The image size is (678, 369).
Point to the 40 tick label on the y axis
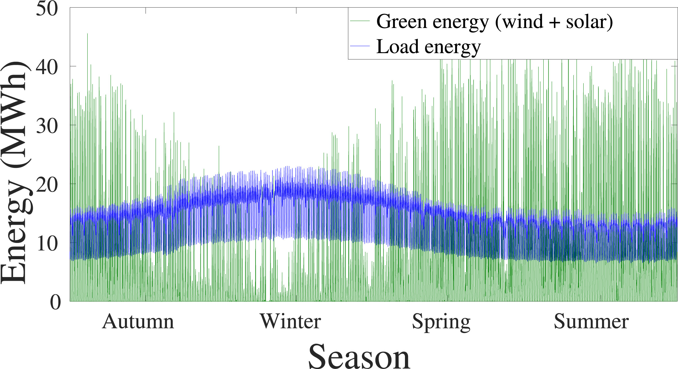47,67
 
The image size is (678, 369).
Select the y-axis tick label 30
47,126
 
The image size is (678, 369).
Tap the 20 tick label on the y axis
47,185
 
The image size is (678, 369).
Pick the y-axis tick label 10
47,244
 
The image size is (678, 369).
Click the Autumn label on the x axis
138,322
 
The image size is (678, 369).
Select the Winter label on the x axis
290,322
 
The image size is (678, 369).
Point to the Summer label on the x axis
591,322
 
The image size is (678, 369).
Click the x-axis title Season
359,357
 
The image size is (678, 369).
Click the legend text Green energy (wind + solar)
494,22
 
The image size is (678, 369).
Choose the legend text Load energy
428,47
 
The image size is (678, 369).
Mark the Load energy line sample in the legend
360,46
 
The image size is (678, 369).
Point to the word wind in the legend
523,22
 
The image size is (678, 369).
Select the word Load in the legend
397,47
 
